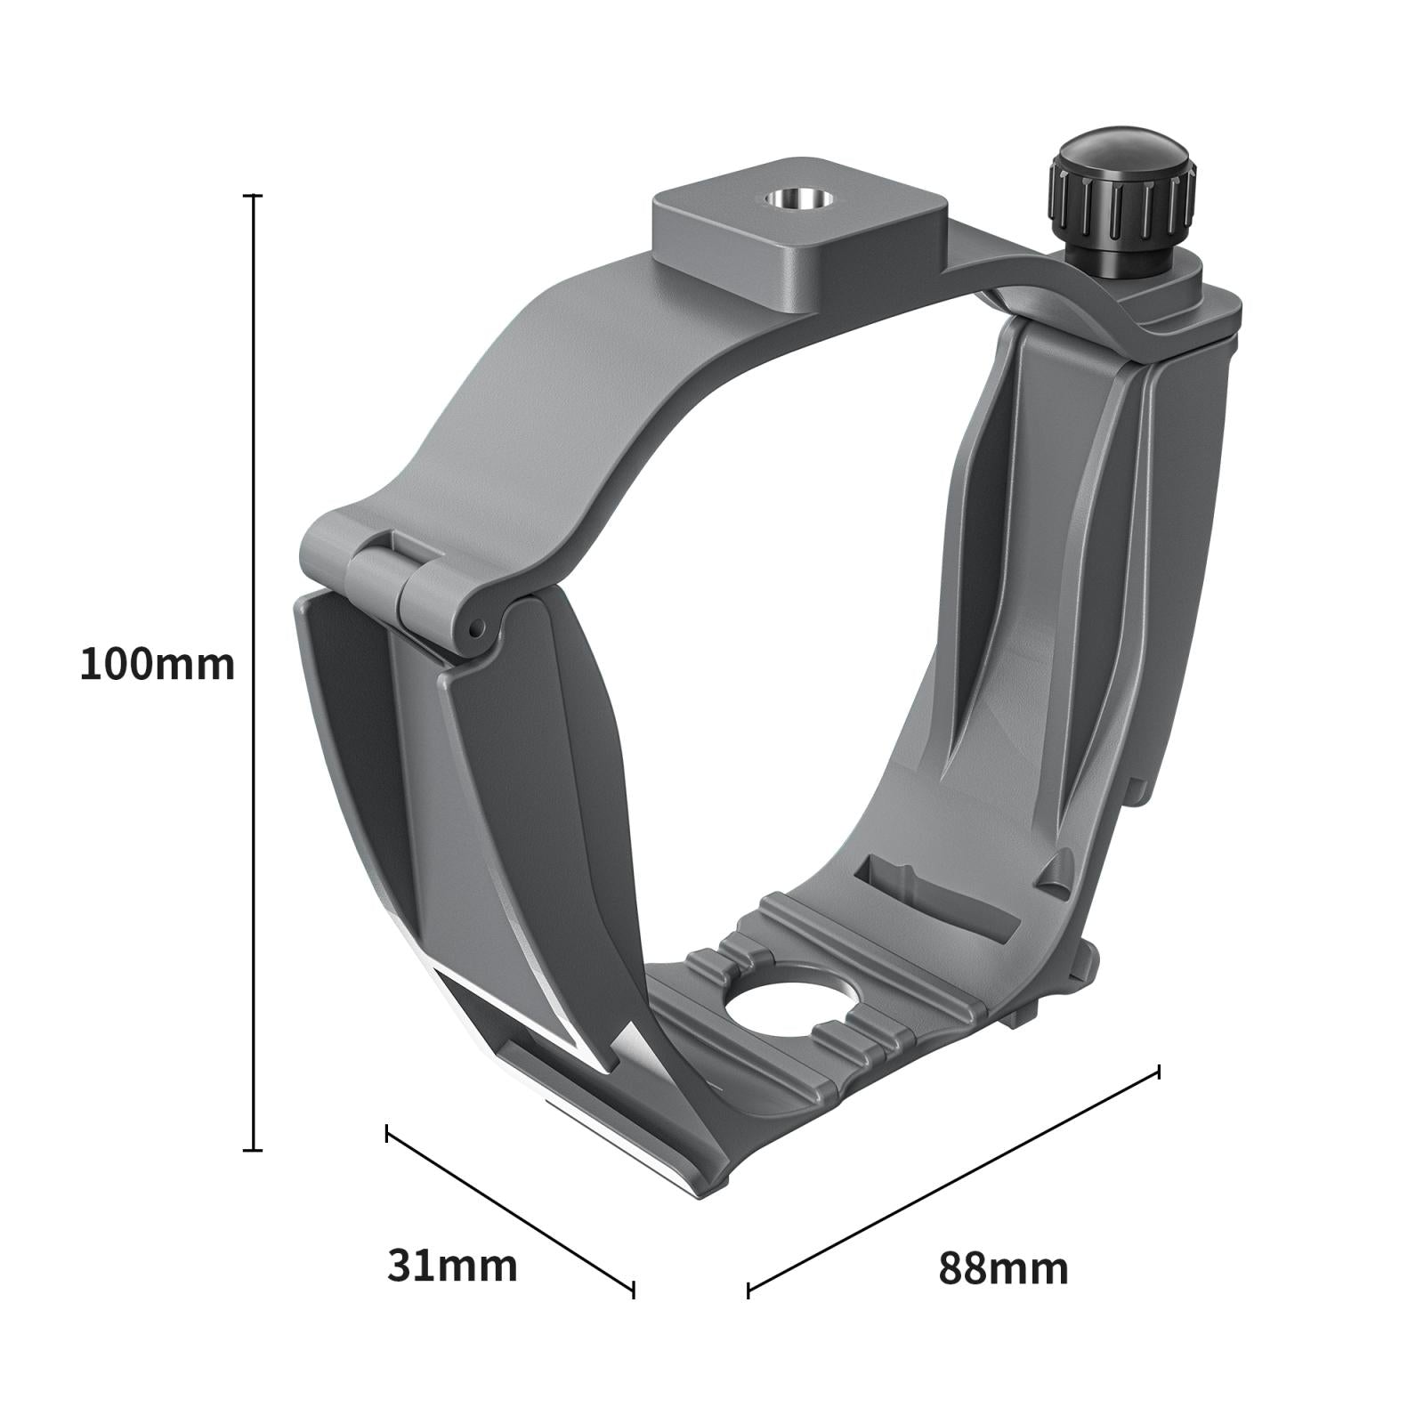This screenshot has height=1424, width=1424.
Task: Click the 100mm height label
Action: coord(158,665)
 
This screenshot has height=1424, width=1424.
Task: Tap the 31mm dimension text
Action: coord(452,1265)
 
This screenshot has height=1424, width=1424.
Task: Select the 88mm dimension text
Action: coord(1003,1267)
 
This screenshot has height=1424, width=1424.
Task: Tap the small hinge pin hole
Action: coord(477,629)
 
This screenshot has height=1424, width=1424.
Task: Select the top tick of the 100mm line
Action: coord(254,195)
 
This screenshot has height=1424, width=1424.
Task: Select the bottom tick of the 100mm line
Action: coord(254,1150)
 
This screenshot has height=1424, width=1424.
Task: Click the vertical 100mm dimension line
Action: coord(254,667)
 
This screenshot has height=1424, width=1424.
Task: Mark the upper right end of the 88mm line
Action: coord(1158,1072)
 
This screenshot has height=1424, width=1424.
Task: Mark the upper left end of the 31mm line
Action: coord(387,1133)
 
